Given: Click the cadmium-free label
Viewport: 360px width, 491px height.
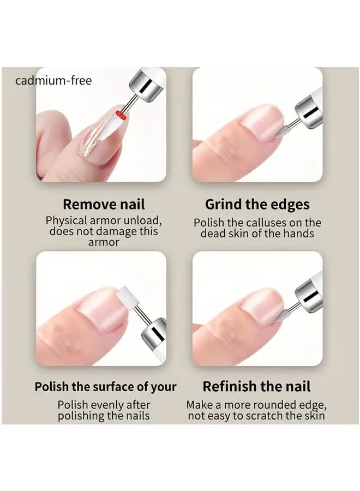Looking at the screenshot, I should tap(53, 81).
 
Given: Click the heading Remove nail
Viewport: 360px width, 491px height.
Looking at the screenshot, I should tap(104, 205).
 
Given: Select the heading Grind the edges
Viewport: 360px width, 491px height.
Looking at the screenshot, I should tap(257, 205).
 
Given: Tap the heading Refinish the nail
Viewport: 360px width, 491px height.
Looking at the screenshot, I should tap(256, 387).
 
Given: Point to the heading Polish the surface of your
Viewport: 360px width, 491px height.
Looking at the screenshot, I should tap(105, 387).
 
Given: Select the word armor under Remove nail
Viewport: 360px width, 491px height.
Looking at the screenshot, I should tap(103, 242).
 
